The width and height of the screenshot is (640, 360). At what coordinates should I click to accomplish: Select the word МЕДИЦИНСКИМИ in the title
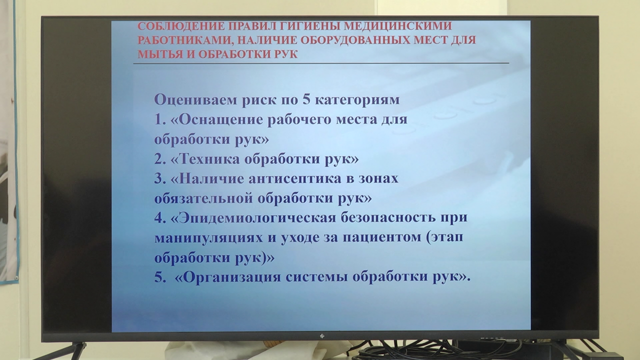397,26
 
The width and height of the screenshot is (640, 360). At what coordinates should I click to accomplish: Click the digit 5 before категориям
306,99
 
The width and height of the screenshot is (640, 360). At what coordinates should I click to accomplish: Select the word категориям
357,100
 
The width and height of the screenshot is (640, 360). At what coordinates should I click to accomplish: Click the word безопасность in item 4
387,217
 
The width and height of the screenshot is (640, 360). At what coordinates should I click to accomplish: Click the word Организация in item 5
231,277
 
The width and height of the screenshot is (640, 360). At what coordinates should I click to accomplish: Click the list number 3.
159,179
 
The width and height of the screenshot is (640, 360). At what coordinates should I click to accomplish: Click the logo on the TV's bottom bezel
322,336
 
